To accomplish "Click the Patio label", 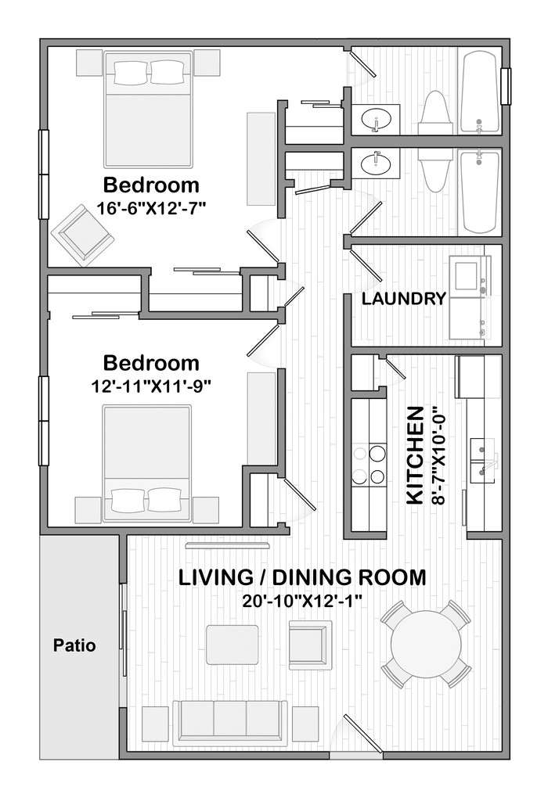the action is (74, 645).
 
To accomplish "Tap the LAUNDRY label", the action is (404, 298).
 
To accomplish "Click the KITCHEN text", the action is (414, 455).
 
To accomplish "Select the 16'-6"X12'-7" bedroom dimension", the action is (151, 208).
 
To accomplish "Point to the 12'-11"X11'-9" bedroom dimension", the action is (151, 386).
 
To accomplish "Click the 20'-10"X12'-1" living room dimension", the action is (302, 600).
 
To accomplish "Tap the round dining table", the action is (426, 644).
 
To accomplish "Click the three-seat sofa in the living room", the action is (230, 724).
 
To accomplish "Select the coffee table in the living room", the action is (232, 645).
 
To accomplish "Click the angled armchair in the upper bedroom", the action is (82, 235).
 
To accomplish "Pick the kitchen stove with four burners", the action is (369, 465).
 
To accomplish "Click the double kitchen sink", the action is (483, 459).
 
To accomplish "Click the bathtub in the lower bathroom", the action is (479, 192).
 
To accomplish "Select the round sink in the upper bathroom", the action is (377, 120).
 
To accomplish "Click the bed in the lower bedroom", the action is (147, 463).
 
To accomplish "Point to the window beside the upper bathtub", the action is (506, 86).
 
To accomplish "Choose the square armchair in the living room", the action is (310, 643).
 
